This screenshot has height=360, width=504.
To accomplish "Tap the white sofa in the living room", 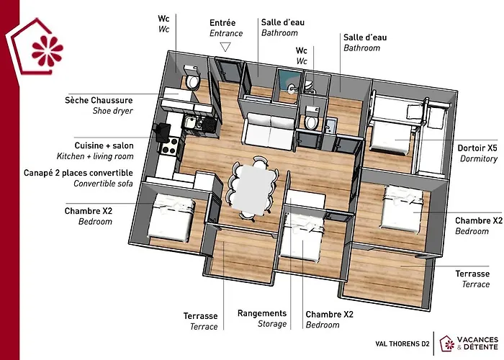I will [269, 130].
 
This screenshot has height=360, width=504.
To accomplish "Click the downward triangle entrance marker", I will [225, 47].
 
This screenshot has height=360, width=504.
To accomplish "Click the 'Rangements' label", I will [262, 313].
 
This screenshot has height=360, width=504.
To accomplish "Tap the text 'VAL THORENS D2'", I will [402, 344].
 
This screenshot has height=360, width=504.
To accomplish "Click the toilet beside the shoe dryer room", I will [192, 81].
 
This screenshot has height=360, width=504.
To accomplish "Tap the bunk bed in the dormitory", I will [395, 119].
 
